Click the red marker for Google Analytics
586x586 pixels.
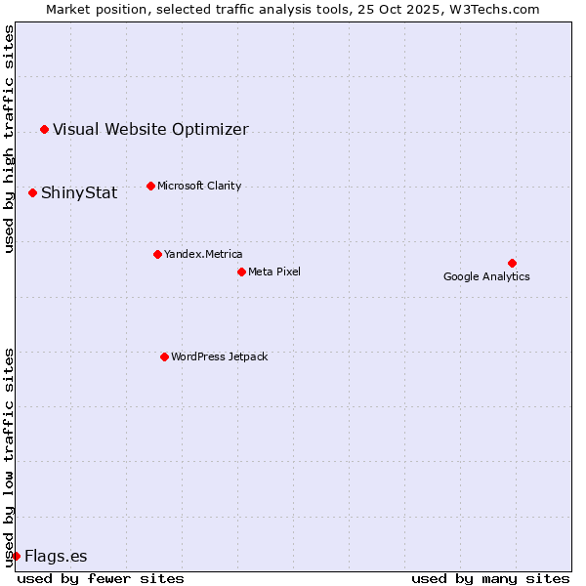(x=512, y=263)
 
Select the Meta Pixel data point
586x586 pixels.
(x=241, y=272)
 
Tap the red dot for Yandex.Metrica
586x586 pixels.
(x=157, y=254)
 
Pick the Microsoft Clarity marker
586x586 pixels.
(x=150, y=186)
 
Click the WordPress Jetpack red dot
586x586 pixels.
(x=164, y=356)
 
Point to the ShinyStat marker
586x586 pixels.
(x=32, y=192)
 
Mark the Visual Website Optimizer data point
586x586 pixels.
(x=44, y=129)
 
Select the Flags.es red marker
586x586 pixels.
(x=16, y=556)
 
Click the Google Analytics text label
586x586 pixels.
(x=486, y=276)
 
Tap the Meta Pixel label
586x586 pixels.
(x=274, y=272)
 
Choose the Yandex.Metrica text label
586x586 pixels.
(x=203, y=254)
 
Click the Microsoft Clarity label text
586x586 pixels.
(x=199, y=186)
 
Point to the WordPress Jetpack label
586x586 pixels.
(x=219, y=356)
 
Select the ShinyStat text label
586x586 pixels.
(x=79, y=192)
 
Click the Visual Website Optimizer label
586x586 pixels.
(x=150, y=129)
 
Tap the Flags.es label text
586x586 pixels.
(x=56, y=556)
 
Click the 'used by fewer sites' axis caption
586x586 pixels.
(x=101, y=578)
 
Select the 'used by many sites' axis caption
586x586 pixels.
(x=490, y=578)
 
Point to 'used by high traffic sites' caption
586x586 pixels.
(x=9, y=139)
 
